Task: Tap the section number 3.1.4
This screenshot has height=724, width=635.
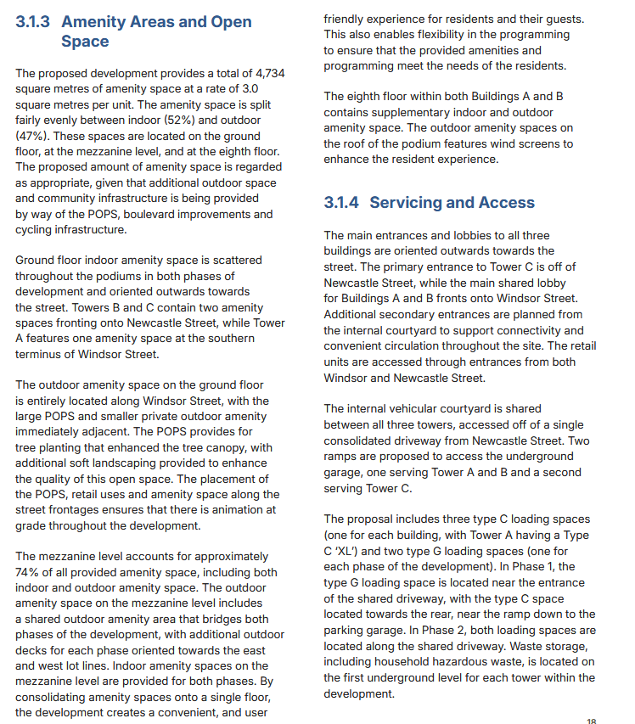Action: pos(342,202)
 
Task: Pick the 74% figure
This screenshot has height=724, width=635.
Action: pos(29,572)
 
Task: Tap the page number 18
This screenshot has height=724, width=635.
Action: pos(591,721)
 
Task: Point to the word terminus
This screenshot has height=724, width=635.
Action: pos(42,354)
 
